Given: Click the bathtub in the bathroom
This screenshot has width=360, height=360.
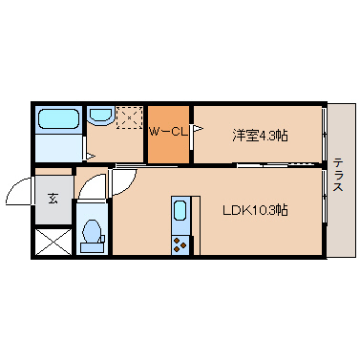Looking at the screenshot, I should tap(58, 120).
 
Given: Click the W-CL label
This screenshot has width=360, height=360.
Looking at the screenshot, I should tap(168, 131).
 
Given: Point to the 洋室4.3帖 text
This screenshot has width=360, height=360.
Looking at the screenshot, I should tap(259, 136).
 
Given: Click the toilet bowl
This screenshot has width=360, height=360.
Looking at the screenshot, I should tap(93, 232).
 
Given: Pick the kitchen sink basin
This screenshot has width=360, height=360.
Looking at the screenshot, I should tap(180, 211).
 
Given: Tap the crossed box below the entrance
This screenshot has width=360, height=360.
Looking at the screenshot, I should tap(53, 241).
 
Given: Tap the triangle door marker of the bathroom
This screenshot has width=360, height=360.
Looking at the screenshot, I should tap(89, 155).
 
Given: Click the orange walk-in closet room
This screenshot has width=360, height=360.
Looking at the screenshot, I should tap(168, 143).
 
